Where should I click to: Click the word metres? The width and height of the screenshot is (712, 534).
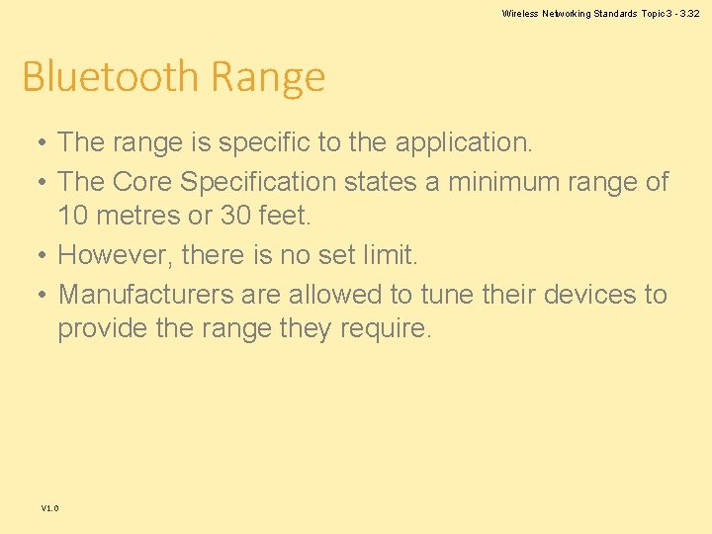pyautogui.click(x=135, y=215)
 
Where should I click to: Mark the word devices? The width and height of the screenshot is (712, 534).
pyautogui.click(x=586, y=295)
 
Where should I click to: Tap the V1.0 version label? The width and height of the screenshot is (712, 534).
pyautogui.click(x=49, y=508)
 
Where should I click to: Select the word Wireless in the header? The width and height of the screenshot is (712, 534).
pyautogui.click(x=519, y=13)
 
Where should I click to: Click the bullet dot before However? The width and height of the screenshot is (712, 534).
pyautogui.click(x=37, y=256)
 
